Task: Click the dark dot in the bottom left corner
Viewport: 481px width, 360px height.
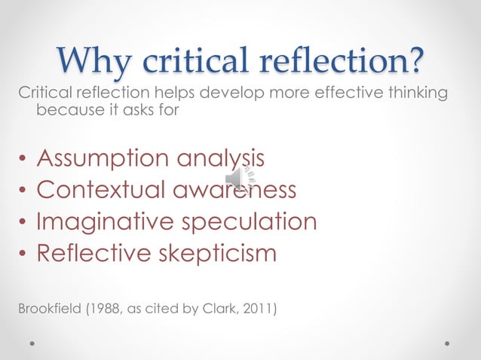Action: [x=33, y=342]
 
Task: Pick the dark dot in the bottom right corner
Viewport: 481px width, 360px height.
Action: [x=447, y=342]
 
